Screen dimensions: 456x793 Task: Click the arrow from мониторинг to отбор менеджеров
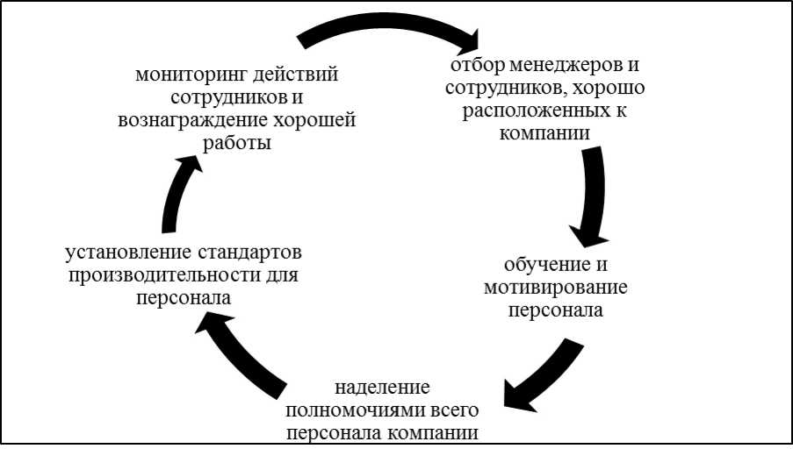[x=386, y=23]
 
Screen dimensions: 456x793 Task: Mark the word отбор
[x=475, y=66]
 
